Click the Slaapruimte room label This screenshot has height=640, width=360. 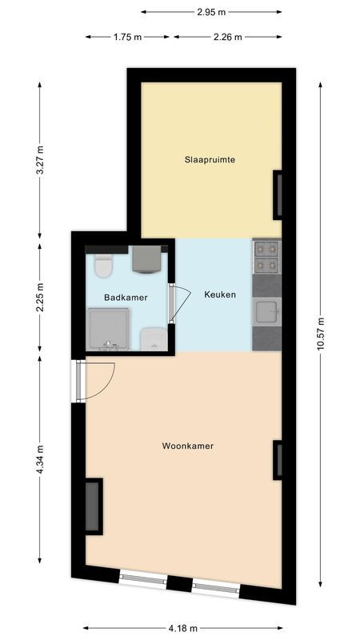pos(210,160)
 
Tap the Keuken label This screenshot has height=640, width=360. pos(220,294)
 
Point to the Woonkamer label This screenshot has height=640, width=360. pos(188,446)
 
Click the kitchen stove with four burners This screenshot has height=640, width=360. pos(266,256)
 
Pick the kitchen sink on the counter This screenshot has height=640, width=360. pos(266,311)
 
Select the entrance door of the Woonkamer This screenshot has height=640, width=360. pos(96,380)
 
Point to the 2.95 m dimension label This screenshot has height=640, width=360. pos(211,12)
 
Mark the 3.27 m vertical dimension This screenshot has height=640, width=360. pos(40,160)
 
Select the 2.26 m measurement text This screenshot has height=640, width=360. pos(227,37)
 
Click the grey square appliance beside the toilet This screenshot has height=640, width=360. pos(146,260)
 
